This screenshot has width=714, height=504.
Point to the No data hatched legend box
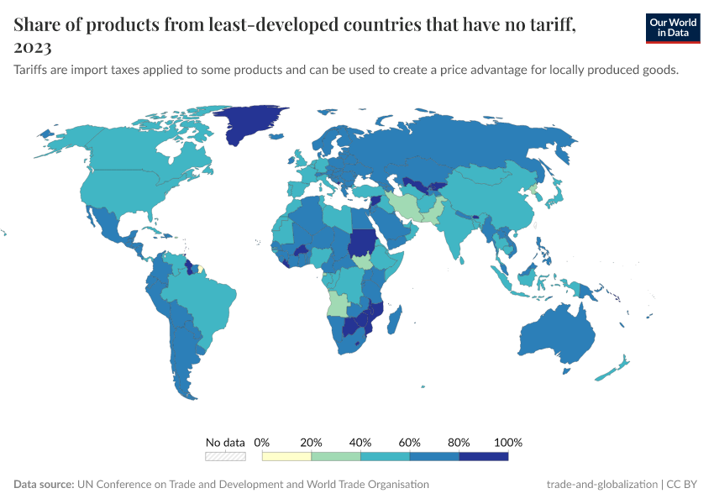coord(225,456)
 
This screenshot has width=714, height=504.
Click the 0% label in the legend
coord(262,442)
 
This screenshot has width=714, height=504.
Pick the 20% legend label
coord(312,442)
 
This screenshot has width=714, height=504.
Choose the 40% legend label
coord(360,442)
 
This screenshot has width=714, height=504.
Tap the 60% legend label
coord(410,442)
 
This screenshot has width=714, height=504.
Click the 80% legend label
coord(459,442)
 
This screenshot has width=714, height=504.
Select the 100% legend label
coord(508,442)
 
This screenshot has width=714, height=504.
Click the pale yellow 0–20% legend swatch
coord(286,456)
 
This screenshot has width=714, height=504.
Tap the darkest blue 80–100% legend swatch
coord(484,456)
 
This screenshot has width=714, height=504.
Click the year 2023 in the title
coord(33,48)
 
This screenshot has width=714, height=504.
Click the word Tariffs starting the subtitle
coord(33,70)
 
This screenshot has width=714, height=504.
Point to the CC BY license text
coord(683,484)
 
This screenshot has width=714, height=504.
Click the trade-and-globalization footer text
coord(601,484)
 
